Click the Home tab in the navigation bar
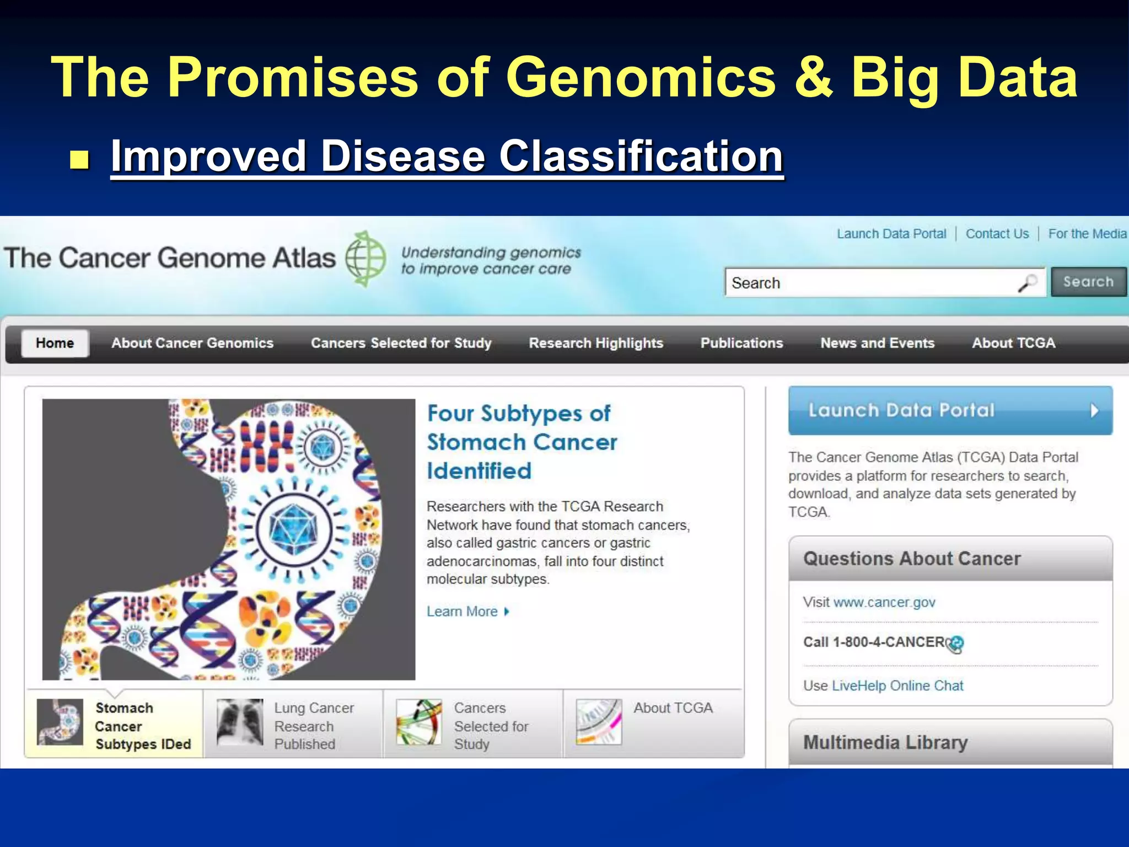pyautogui.click(x=55, y=343)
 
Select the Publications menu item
pyautogui.click(x=741, y=343)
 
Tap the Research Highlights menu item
pyautogui.click(x=595, y=343)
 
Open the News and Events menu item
pyautogui.click(x=877, y=343)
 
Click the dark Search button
pyautogui.click(x=1088, y=282)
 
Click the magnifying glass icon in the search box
pyautogui.click(x=1027, y=283)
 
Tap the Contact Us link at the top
pyautogui.click(x=997, y=234)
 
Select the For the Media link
pyautogui.click(x=1087, y=234)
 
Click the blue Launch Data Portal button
pyautogui.click(x=950, y=410)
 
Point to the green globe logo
pyautogui.click(x=365, y=259)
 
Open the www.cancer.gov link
pyautogui.click(x=884, y=602)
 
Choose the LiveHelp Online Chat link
pyautogui.click(x=897, y=685)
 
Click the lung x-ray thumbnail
pyautogui.click(x=240, y=722)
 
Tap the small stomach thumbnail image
pyautogui.click(x=60, y=722)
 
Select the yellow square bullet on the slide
pyautogui.click(x=80, y=159)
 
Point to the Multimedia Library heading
pyautogui.click(x=885, y=742)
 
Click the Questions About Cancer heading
pyautogui.click(x=912, y=559)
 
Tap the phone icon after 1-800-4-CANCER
pyautogui.click(x=956, y=644)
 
